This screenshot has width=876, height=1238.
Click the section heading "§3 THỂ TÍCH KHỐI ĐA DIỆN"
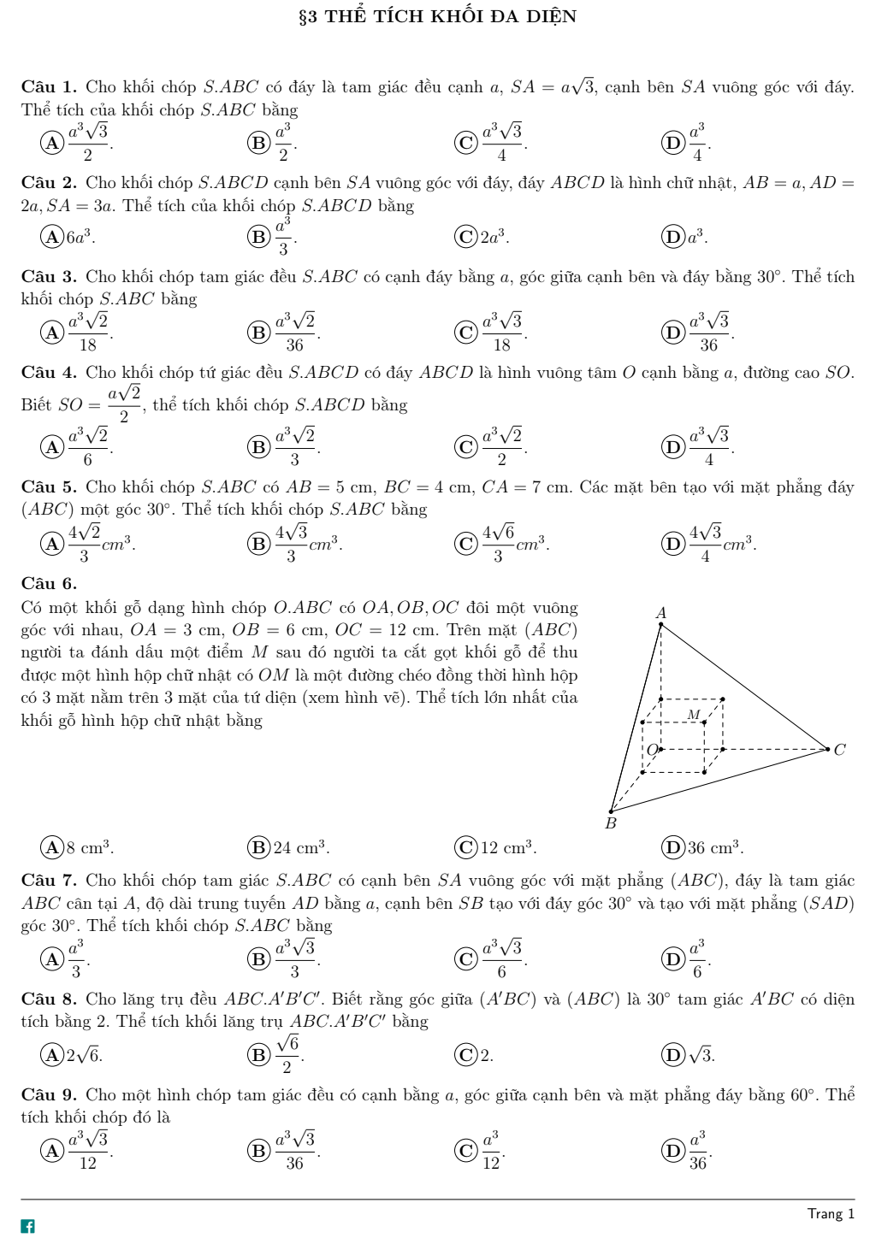pos(437,16)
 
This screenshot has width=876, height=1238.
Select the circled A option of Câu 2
pos(53,237)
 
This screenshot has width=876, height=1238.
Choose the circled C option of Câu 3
pos(466,332)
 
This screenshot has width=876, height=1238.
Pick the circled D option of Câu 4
pos(673,446)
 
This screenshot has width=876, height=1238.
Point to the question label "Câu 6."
pos(49,584)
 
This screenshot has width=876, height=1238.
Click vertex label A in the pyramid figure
pos(660,612)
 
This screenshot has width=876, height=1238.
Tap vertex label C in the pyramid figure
pos(839,750)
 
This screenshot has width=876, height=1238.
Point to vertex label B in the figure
pos(610,823)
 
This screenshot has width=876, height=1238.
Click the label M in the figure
pos(693,714)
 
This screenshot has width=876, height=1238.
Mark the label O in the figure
pos(653,750)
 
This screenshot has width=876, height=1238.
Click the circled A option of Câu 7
pos(53,959)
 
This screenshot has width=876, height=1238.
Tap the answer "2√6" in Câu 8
pos(85,1055)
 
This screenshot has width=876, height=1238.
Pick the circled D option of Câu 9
pos(673,1151)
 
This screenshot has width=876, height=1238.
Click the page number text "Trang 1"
pos(830,1214)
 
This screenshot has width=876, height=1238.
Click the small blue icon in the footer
pos(28,1226)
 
